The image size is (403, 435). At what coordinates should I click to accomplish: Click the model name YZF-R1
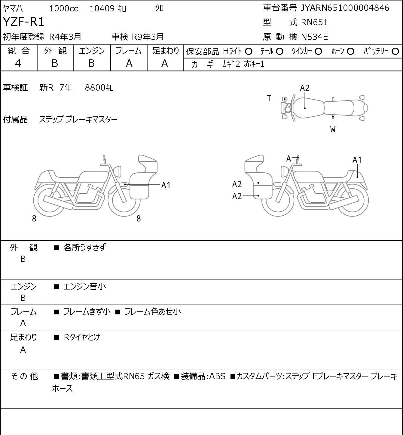coord(23,22)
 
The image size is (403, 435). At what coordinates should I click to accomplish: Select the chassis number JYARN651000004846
coord(345,8)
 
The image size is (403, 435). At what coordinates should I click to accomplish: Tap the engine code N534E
coord(314,37)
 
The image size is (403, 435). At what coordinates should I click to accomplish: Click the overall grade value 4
coord(18,63)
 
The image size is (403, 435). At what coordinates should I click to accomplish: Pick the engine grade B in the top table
coord(92,63)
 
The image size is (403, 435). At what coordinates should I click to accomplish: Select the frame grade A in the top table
coord(129,63)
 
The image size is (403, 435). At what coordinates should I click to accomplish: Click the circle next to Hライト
coord(249,52)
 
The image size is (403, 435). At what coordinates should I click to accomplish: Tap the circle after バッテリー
coord(395,52)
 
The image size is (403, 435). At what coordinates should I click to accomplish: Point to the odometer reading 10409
coord(102,8)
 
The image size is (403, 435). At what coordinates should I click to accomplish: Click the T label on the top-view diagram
coord(269,98)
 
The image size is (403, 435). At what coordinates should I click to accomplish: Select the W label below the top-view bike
coord(333,130)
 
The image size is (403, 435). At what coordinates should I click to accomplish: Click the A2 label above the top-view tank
coord(305,88)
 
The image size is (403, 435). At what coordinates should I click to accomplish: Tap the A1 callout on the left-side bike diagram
coord(166,185)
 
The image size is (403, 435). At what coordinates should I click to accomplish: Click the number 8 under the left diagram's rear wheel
coord(34,219)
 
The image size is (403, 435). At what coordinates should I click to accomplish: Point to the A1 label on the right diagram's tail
coord(357,160)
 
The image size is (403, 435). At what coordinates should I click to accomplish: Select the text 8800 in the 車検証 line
coord(95,88)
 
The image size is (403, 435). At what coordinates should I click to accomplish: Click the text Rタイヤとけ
coord(82,337)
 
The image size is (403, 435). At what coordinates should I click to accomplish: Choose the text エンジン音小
coord(84,286)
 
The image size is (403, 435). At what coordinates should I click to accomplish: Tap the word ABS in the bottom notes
coord(217,376)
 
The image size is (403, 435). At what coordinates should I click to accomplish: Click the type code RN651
coord(314,22)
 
